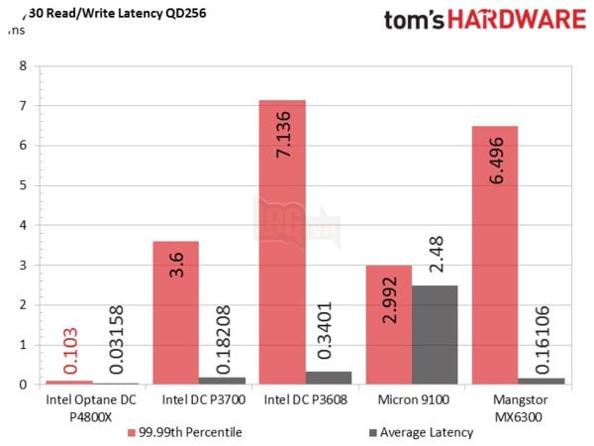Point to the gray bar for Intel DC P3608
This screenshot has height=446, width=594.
[x=328, y=378]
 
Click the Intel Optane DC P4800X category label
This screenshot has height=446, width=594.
[x=92, y=409]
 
